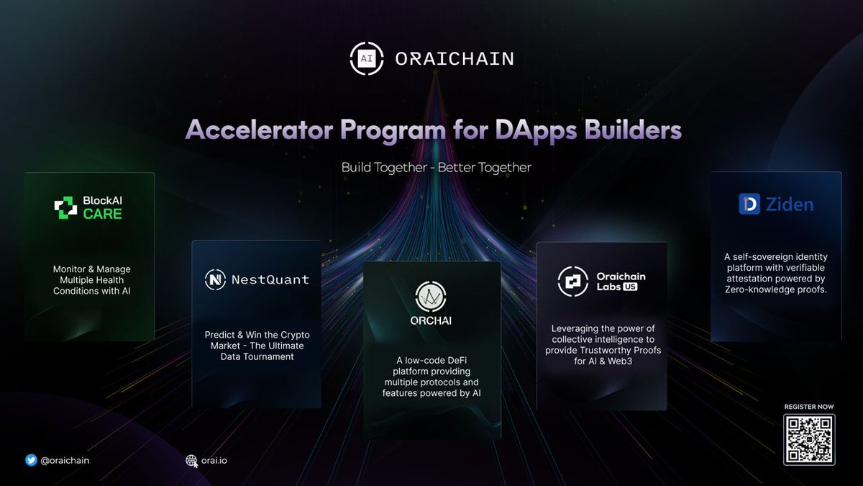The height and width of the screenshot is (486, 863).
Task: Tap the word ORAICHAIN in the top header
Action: point(455,59)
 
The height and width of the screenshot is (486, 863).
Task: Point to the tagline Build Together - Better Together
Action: point(437,168)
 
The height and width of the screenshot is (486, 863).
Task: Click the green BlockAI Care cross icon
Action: point(65,207)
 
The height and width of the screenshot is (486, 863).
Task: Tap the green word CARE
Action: point(103,214)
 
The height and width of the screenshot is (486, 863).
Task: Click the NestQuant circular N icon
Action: point(215,279)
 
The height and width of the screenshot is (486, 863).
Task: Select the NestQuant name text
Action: point(270,279)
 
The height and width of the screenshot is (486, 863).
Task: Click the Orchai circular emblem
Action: point(431,296)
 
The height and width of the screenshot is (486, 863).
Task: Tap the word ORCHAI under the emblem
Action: point(431,322)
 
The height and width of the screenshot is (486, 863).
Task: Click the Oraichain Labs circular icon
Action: point(572,282)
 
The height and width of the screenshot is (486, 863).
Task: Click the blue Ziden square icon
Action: point(749,204)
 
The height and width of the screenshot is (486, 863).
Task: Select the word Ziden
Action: point(789,204)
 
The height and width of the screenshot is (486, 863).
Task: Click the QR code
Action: point(809,440)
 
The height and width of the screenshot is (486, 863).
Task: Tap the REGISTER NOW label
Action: point(809,407)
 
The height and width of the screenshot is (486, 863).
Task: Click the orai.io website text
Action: point(214,461)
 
